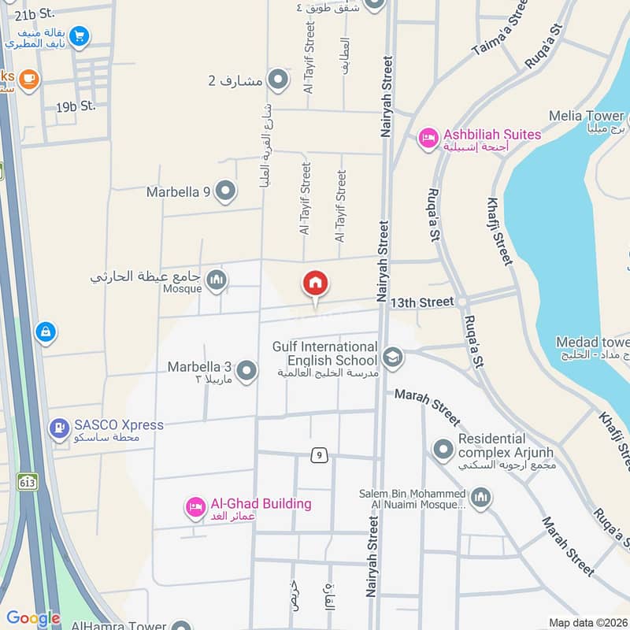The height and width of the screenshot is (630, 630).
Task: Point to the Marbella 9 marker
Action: coord(226,191)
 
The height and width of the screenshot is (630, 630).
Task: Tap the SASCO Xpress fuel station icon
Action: coord(59,428)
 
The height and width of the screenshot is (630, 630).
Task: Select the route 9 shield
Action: coord(318,455)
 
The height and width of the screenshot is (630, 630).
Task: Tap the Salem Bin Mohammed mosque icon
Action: coord(481,498)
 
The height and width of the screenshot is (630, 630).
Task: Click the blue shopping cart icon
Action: coord(78,35)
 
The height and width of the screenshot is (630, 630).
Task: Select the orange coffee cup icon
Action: coord(29,79)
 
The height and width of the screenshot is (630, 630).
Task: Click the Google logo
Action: coord(33,618)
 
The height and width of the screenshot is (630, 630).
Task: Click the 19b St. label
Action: coord(76,106)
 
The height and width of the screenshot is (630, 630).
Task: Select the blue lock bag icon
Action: coord(46,332)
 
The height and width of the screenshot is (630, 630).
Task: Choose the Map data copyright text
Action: coord(588,622)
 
